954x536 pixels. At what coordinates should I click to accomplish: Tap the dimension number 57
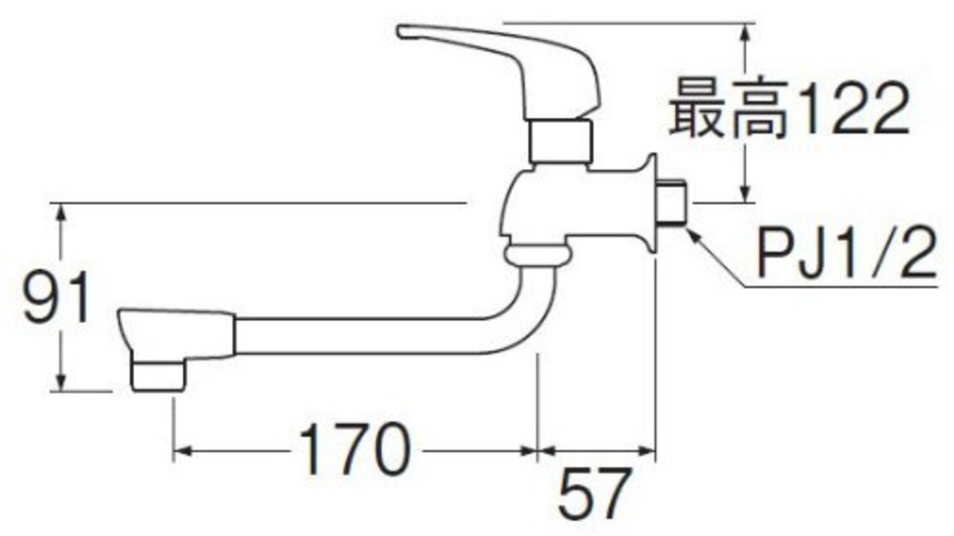coord(594,494)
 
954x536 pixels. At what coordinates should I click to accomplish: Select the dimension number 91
coord(56,297)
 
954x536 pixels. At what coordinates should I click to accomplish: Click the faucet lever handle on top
coord(507,60)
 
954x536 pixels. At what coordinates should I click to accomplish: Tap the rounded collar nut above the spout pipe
coord(537,256)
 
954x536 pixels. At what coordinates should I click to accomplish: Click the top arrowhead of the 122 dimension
coord(744,31)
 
